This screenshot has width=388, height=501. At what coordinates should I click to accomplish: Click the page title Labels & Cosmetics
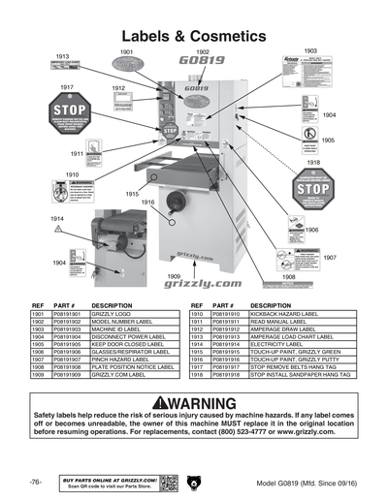pos(193,35)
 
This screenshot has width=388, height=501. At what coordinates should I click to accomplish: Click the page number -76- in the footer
pos(35,482)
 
